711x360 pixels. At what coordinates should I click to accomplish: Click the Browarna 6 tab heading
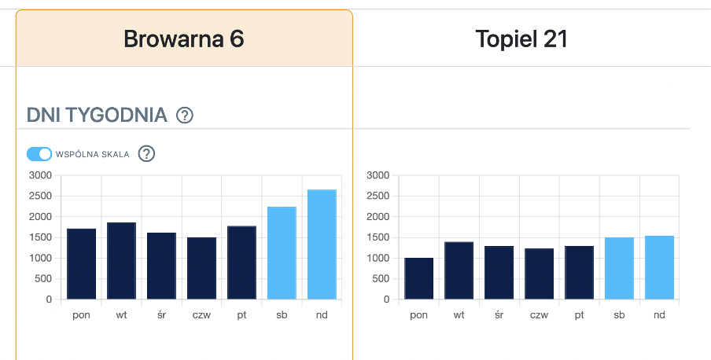(184, 39)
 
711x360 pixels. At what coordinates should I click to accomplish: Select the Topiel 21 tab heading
(521, 39)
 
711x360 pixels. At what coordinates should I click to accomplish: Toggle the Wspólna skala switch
(39, 154)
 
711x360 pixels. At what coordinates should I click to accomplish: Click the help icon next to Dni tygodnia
(185, 116)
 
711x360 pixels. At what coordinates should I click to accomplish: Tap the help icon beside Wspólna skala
(146, 154)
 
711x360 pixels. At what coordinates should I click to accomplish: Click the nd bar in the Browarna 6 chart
(322, 244)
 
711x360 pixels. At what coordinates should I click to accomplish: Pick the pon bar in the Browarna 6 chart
(81, 264)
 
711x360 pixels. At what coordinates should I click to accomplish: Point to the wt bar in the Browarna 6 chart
(121, 261)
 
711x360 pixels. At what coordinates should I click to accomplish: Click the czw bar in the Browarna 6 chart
(201, 268)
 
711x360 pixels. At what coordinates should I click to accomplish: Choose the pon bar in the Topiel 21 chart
(418, 278)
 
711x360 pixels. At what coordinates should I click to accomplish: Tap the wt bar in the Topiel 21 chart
(459, 270)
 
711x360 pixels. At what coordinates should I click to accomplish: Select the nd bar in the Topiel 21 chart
(659, 267)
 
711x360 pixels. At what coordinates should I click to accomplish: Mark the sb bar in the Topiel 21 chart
(619, 268)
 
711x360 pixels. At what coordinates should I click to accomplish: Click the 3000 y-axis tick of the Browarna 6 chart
(39, 175)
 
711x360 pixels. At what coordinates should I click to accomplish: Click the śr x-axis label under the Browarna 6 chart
(161, 315)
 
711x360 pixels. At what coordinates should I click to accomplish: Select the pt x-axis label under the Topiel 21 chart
(579, 315)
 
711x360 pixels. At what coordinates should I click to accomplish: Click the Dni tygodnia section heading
(97, 116)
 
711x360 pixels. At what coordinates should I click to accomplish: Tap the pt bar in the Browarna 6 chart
(241, 263)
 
